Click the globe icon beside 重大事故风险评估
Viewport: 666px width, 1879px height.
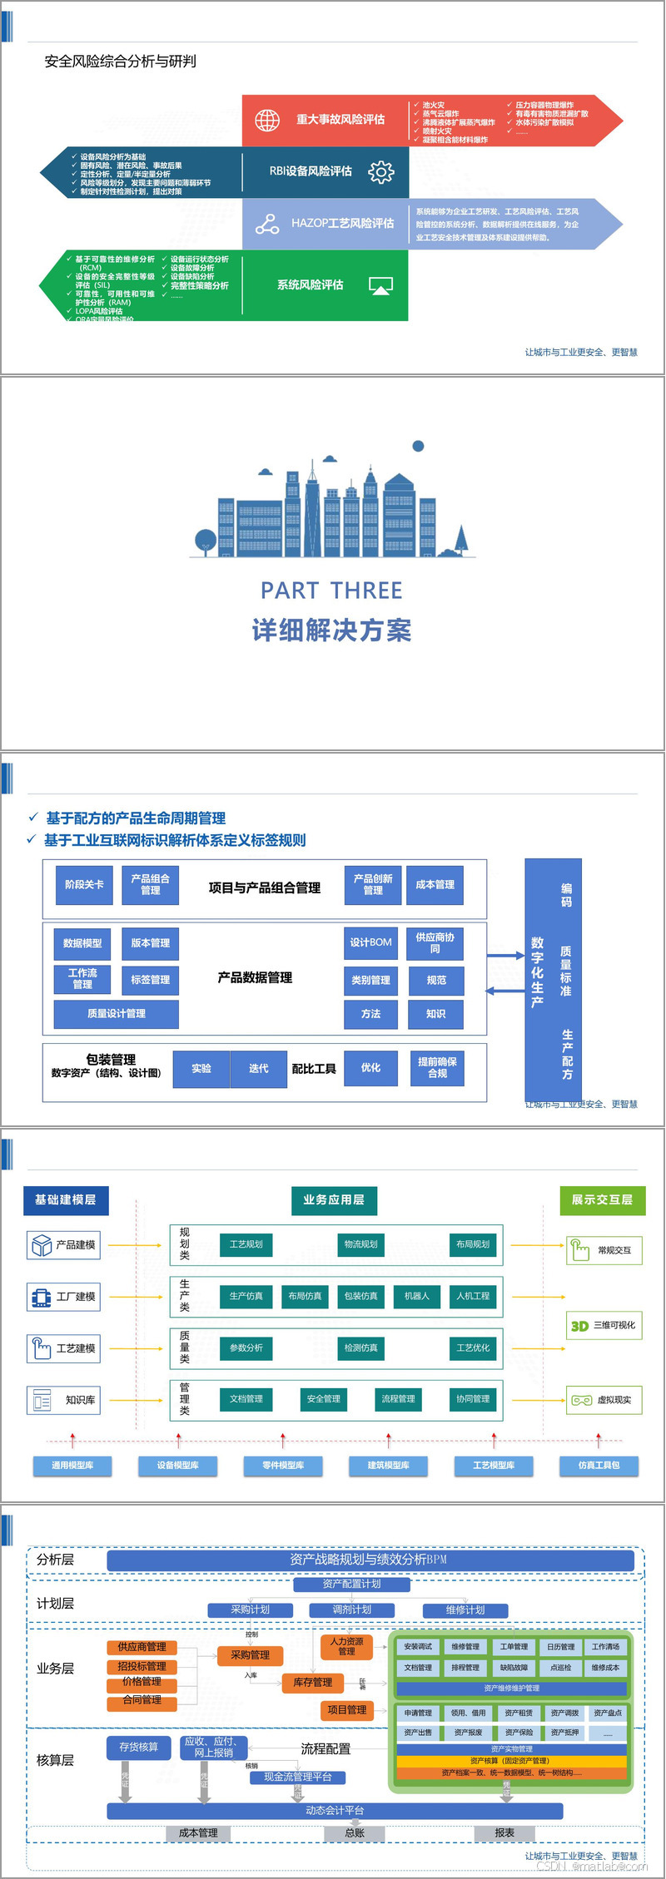267,120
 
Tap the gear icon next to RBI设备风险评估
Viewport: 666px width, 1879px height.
381,171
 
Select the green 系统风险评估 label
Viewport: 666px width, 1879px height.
310,284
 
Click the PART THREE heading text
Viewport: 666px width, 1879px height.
331,591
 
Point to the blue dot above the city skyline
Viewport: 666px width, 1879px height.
419,446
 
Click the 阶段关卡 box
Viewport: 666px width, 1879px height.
84,884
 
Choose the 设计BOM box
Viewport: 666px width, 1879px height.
370,942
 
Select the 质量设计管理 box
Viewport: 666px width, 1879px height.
117,1013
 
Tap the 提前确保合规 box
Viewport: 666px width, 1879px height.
437,1067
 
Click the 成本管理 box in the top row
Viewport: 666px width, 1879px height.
435,884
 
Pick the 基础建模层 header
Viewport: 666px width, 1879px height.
66,1199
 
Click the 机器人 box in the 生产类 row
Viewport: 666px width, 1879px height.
416,1296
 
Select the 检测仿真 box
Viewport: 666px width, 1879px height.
360,1347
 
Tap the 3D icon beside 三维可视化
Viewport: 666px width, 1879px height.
579,1326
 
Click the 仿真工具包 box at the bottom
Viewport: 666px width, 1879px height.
599,1465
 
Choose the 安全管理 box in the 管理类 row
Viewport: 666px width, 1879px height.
323,1399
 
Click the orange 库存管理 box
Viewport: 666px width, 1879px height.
313,1682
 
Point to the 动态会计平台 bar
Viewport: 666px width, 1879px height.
335,1810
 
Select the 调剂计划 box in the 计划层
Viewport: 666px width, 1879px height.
351,1610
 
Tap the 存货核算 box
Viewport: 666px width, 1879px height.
138,1747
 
